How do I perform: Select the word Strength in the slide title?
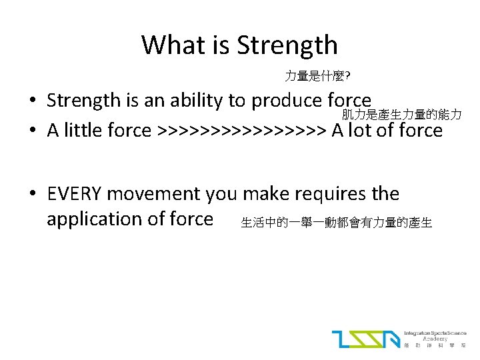(x=287, y=45)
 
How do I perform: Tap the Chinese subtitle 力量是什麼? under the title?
(x=314, y=77)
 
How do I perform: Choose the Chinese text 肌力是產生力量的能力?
(x=401, y=115)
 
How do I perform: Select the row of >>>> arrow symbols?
(x=241, y=130)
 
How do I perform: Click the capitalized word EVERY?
(x=75, y=194)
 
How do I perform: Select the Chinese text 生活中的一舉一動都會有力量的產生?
(x=336, y=223)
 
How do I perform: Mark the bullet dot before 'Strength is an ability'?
(x=33, y=101)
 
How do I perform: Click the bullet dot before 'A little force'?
(x=33, y=131)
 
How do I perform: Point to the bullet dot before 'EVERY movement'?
(x=33, y=195)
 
